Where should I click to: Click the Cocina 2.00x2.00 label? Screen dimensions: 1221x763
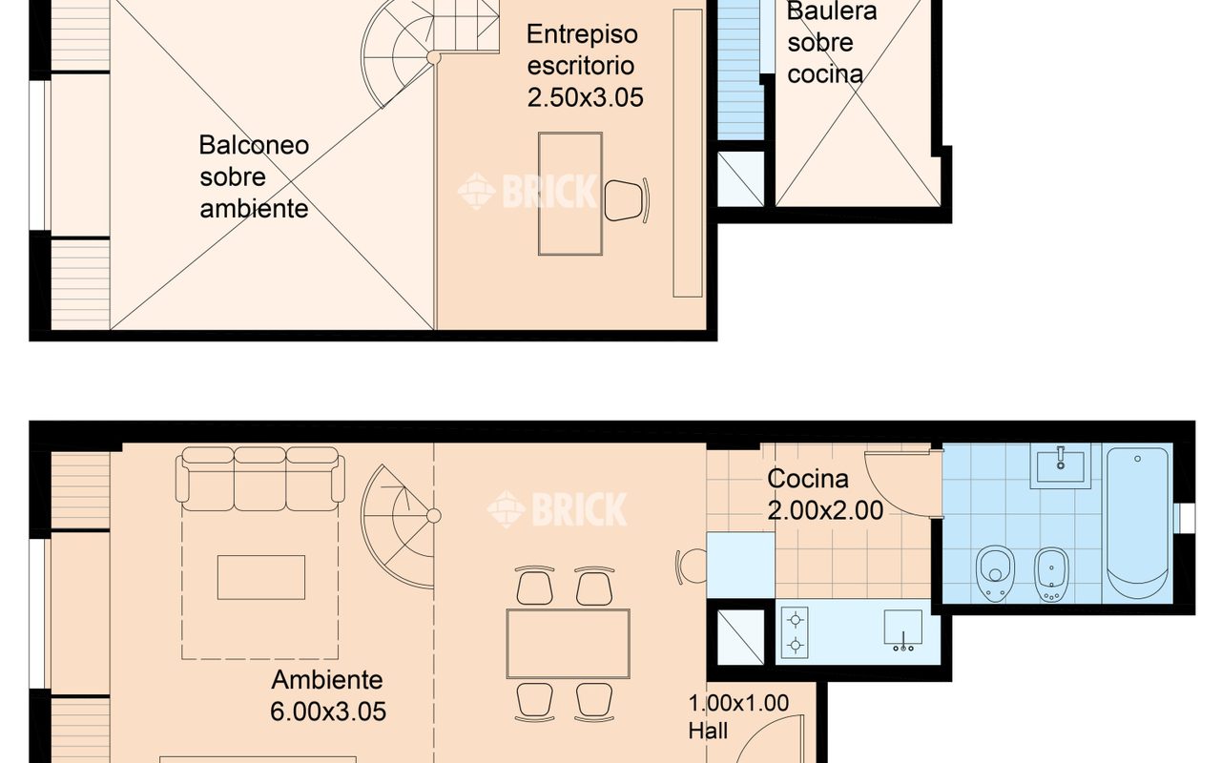tap(825, 495)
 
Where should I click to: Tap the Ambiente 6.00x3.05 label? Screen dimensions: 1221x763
tap(328, 695)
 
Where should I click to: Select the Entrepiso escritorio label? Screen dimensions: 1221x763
tap(582, 50)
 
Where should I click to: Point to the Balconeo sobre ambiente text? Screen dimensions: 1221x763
tap(254, 176)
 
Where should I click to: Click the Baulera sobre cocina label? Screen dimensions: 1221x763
tap(831, 43)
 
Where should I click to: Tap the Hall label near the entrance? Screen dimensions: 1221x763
tap(708, 731)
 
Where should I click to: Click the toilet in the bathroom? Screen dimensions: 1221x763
tap(995, 573)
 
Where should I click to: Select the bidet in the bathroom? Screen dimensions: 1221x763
tap(1051, 574)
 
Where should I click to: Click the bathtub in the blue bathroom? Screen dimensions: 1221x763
tap(1138, 524)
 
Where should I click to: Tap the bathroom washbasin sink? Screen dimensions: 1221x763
tap(1060, 466)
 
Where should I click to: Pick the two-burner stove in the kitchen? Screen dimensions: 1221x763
tap(795, 632)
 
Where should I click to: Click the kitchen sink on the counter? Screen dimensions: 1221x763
tap(903, 630)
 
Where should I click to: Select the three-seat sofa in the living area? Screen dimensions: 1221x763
tap(260, 479)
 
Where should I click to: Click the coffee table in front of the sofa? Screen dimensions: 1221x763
tap(261, 577)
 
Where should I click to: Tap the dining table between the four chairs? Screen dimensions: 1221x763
tap(568, 644)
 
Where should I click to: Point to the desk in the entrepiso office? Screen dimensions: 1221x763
tap(570, 194)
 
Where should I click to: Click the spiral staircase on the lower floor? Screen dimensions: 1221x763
tap(400, 526)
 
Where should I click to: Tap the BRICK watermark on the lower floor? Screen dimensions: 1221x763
tap(556, 509)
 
